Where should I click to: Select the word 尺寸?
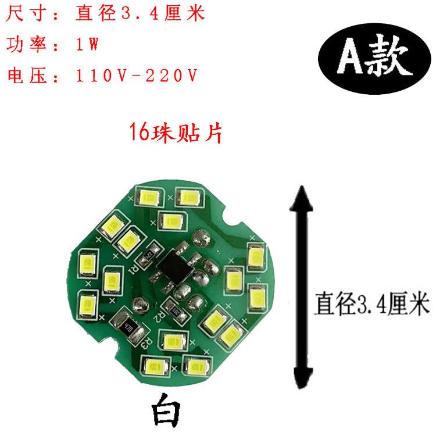[23, 13]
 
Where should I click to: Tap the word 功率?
[23, 44]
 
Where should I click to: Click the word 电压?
[23, 76]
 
